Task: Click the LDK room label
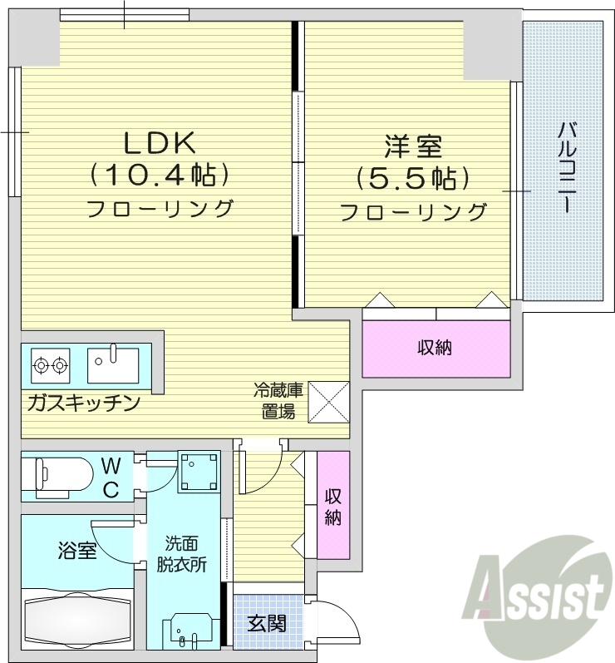click(160, 143)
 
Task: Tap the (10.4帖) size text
click(160, 175)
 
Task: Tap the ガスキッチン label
click(82, 403)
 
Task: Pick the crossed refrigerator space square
click(327, 400)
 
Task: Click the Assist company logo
click(540, 590)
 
